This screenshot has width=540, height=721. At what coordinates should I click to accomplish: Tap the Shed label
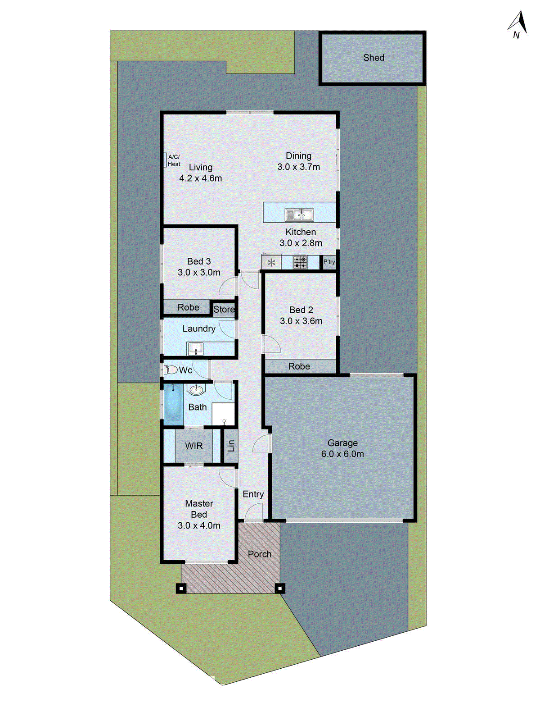[x=373, y=58]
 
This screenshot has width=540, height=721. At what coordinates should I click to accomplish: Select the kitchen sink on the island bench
[x=299, y=214]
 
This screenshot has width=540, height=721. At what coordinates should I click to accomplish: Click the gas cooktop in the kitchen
[x=300, y=262]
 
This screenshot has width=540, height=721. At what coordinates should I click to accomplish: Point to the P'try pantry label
[x=329, y=262]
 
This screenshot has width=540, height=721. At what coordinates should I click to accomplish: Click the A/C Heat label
[x=174, y=160]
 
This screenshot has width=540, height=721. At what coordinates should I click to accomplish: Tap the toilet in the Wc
[x=171, y=370]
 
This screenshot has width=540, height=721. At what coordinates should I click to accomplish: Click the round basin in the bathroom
[x=196, y=389]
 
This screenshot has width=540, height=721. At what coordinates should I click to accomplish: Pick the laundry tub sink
[x=195, y=348]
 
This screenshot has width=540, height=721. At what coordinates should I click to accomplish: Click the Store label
[x=224, y=310]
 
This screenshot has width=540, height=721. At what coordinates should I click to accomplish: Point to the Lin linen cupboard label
[x=231, y=446]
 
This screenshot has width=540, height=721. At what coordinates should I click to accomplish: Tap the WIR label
[x=194, y=446]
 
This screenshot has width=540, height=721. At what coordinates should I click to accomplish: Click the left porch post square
[x=181, y=588]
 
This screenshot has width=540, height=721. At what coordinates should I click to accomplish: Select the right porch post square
[x=280, y=588]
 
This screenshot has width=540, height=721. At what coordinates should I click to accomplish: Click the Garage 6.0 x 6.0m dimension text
[x=342, y=454]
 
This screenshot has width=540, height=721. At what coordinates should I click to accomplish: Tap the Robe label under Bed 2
[x=299, y=366]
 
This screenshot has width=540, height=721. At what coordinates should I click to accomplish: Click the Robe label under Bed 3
[x=188, y=307]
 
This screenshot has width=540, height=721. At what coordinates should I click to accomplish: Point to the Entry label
[x=253, y=494]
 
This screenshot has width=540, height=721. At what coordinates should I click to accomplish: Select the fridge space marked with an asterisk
[x=271, y=262]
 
